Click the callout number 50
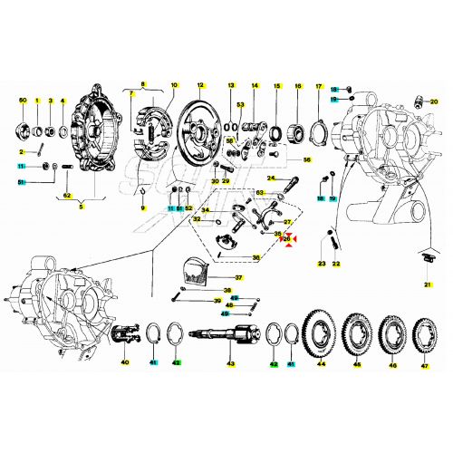[x=24, y=99]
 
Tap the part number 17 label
[x=319, y=85]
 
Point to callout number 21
[x=427, y=284]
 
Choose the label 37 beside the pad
[x=237, y=277]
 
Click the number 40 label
[x=125, y=362]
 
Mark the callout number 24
[x=271, y=178]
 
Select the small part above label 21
[x=428, y=260]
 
